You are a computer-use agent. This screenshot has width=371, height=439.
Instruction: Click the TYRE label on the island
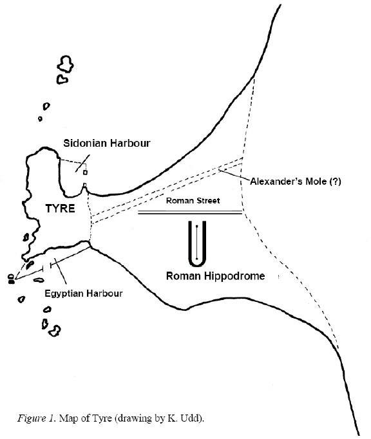point(61,209)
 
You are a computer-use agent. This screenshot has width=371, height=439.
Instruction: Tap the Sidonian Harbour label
point(107,143)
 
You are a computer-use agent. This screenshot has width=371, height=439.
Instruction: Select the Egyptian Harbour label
point(84,294)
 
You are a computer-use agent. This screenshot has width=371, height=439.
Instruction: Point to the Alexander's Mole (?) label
point(296,182)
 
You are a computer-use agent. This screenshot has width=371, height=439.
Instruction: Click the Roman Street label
point(193,200)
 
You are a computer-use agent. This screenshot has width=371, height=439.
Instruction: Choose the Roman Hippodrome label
point(216,276)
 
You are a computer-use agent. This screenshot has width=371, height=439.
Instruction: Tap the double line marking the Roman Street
point(190,212)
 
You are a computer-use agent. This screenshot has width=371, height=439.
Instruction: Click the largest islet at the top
point(65,64)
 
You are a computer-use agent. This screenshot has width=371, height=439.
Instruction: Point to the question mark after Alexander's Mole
point(336,182)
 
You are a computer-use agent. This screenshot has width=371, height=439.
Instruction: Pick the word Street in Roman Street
point(206,200)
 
